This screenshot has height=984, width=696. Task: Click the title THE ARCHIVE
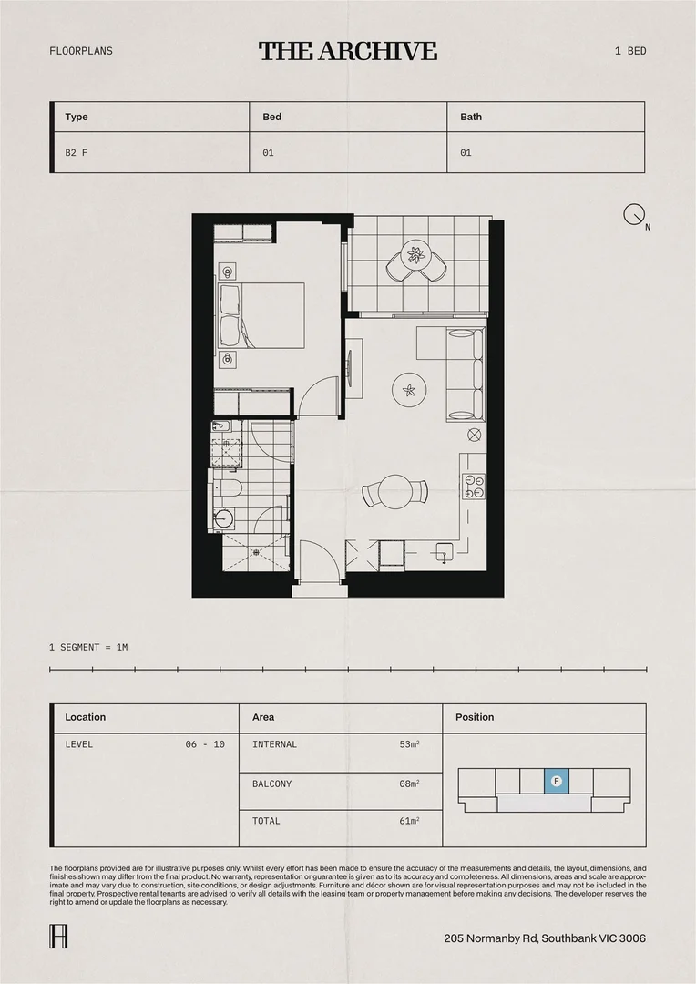pyautogui.click(x=348, y=51)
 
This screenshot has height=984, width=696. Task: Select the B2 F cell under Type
pyautogui.click(x=77, y=153)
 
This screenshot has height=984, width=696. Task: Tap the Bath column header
pyautogui.click(x=471, y=117)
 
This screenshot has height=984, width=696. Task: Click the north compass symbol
pyautogui.click(x=634, y=214)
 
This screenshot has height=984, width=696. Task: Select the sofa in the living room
pyautogui.click(x=466, y=374)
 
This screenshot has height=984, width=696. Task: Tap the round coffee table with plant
pyautogui.click(x=409, y=391)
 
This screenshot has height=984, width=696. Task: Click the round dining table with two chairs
pyautogui.click(x=395, y=491)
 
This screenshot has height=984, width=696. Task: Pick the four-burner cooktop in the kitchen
pyautogui.click(x=475, y=487)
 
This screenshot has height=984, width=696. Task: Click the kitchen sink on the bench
pyautogui.click(x=444, y=551)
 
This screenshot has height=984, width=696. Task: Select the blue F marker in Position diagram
pyautogui.click(x=557, y=781)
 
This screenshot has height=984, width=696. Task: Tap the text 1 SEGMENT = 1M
pyautogui.click(x=88, y=647)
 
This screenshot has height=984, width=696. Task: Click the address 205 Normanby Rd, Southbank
pyautogui.click(x=545, y=938)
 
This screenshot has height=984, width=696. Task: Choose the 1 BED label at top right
pyautogui.click(x=630, y=51)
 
